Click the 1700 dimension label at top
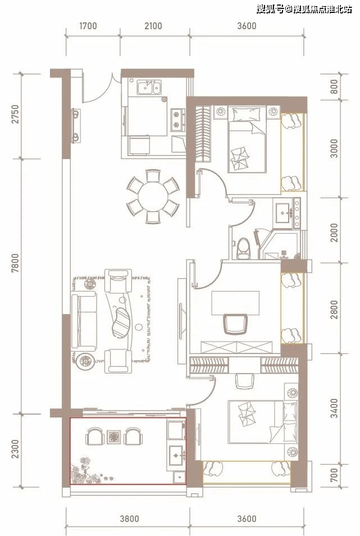point(88,26)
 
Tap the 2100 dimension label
point(153,26)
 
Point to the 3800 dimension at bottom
point(129,519)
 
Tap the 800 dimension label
point(334,87)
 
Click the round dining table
point(153,197)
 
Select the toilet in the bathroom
point(243,248)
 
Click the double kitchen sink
point(149,87)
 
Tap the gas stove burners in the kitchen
point(177,120)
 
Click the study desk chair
point(235,324)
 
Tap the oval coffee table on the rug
point(121,322)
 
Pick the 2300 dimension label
point(16,449)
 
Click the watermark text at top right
point(304,9)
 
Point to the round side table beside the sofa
point(86,361)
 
